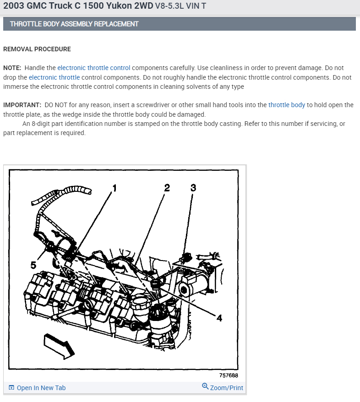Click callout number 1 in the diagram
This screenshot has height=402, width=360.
point(114,188)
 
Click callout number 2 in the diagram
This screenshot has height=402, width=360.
point(167,188)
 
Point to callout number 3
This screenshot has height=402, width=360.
point(193,188)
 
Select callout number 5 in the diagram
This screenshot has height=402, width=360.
point(33,265)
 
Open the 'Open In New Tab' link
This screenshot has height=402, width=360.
point(41,388)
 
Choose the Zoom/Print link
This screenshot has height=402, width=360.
point(226,388)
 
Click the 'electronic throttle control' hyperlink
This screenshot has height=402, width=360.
point(93,68)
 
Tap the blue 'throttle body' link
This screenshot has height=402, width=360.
point(286,105)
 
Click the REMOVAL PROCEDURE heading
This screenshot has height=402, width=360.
point(37,49)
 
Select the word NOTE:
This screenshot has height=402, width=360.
point(12,68)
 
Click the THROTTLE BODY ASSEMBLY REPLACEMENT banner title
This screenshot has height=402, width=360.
point(74,24)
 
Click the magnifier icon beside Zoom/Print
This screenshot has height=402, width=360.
point(205,387)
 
